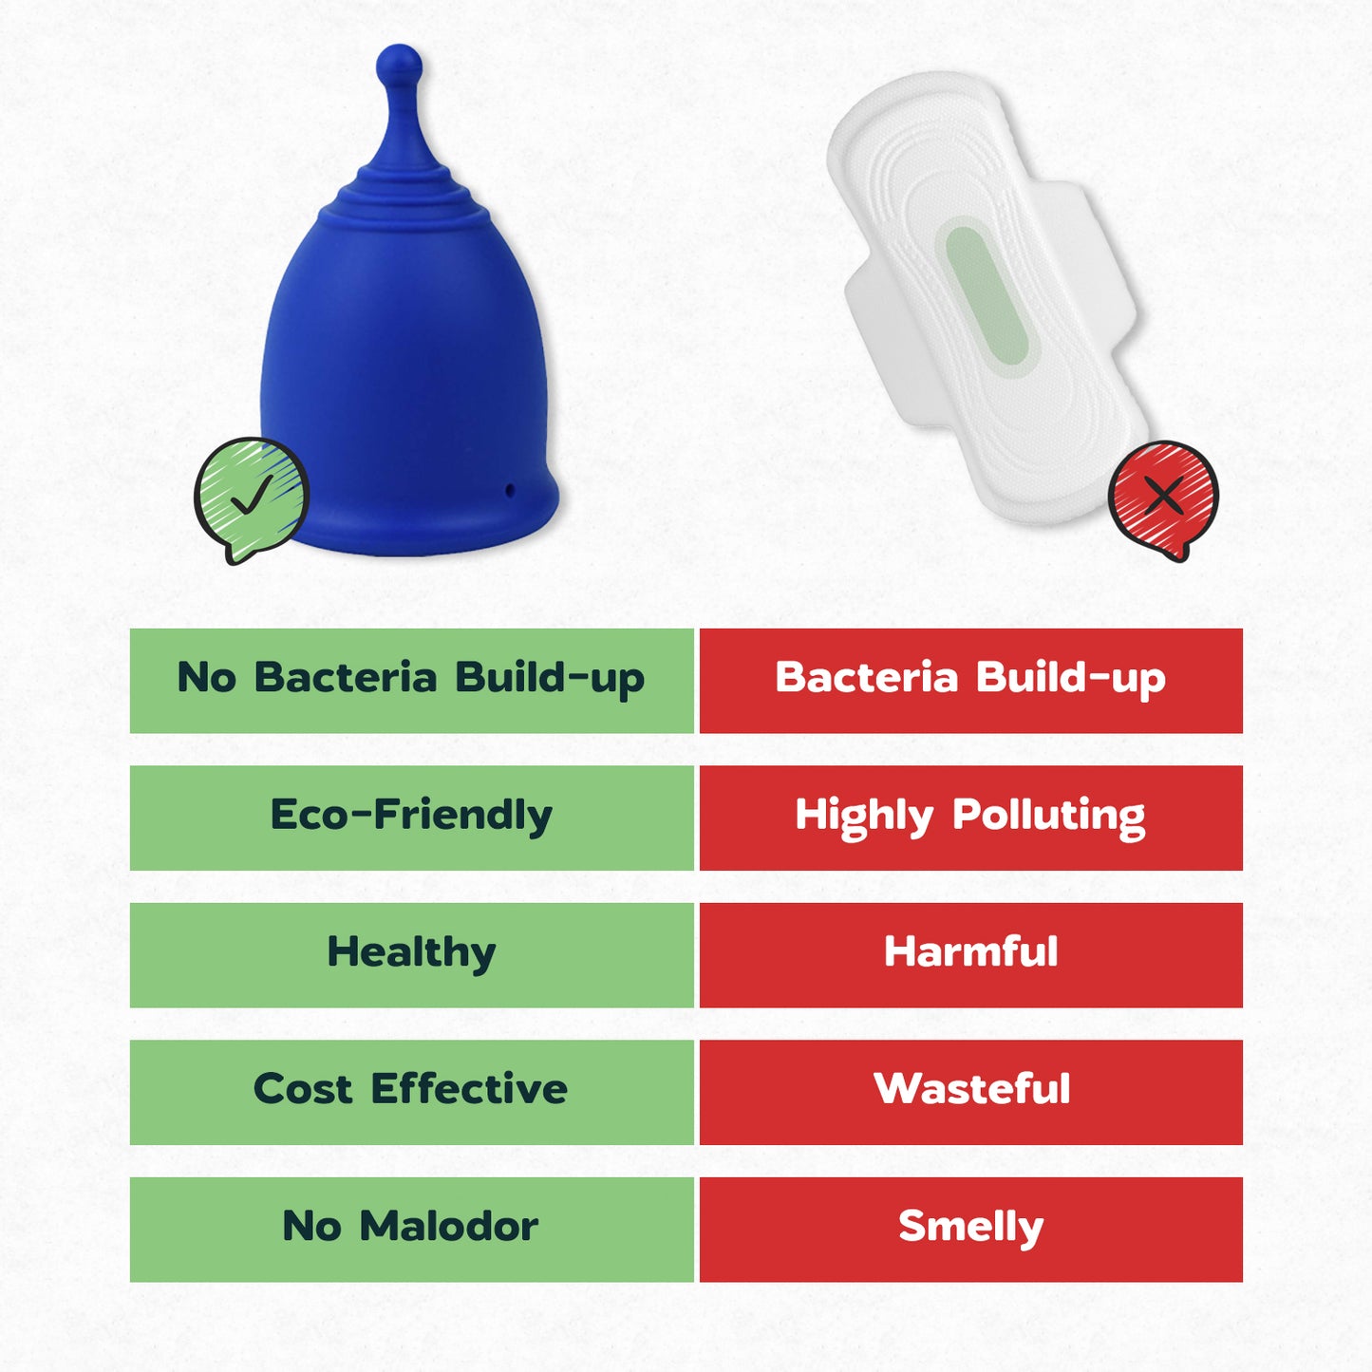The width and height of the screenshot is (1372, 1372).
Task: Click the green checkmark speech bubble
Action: [x=251, y=497]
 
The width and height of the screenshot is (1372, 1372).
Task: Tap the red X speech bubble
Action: [x=1163, y=497]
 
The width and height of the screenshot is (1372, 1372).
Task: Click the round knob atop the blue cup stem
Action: [x=399, y=64]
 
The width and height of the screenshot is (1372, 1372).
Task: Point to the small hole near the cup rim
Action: [x=510, y=490]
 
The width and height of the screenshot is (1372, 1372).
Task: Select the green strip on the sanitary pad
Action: [x=987, y=295]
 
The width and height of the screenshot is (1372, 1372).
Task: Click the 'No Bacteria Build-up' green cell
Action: [x=411, y=680]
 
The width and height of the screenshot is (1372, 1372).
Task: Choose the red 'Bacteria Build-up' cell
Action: [x=970, y=680]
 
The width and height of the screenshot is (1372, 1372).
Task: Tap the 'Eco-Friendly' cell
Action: [x=411, y=818]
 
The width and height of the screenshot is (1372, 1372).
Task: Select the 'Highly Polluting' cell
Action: [x=970, y=818]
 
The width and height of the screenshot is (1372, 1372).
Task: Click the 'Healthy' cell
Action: [x=411, y=954]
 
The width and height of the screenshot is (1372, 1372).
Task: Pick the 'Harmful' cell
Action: [x=970, y=954]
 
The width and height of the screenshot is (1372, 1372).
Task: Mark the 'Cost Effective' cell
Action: [x=411, y=1092]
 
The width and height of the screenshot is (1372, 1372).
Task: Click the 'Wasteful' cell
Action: [x=970, y=1092]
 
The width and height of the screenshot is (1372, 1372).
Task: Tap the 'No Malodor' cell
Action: [x=411, y=1229]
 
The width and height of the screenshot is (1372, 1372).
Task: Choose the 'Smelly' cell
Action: [x=970, y=1229]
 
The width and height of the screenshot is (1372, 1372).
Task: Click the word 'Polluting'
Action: [x=1048, y=817]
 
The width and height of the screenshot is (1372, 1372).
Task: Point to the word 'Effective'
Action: [x=469, y=1089]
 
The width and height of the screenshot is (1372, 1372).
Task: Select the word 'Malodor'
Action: [x=448, y=1227]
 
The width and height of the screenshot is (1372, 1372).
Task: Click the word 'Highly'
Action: [x=864, y=817]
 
